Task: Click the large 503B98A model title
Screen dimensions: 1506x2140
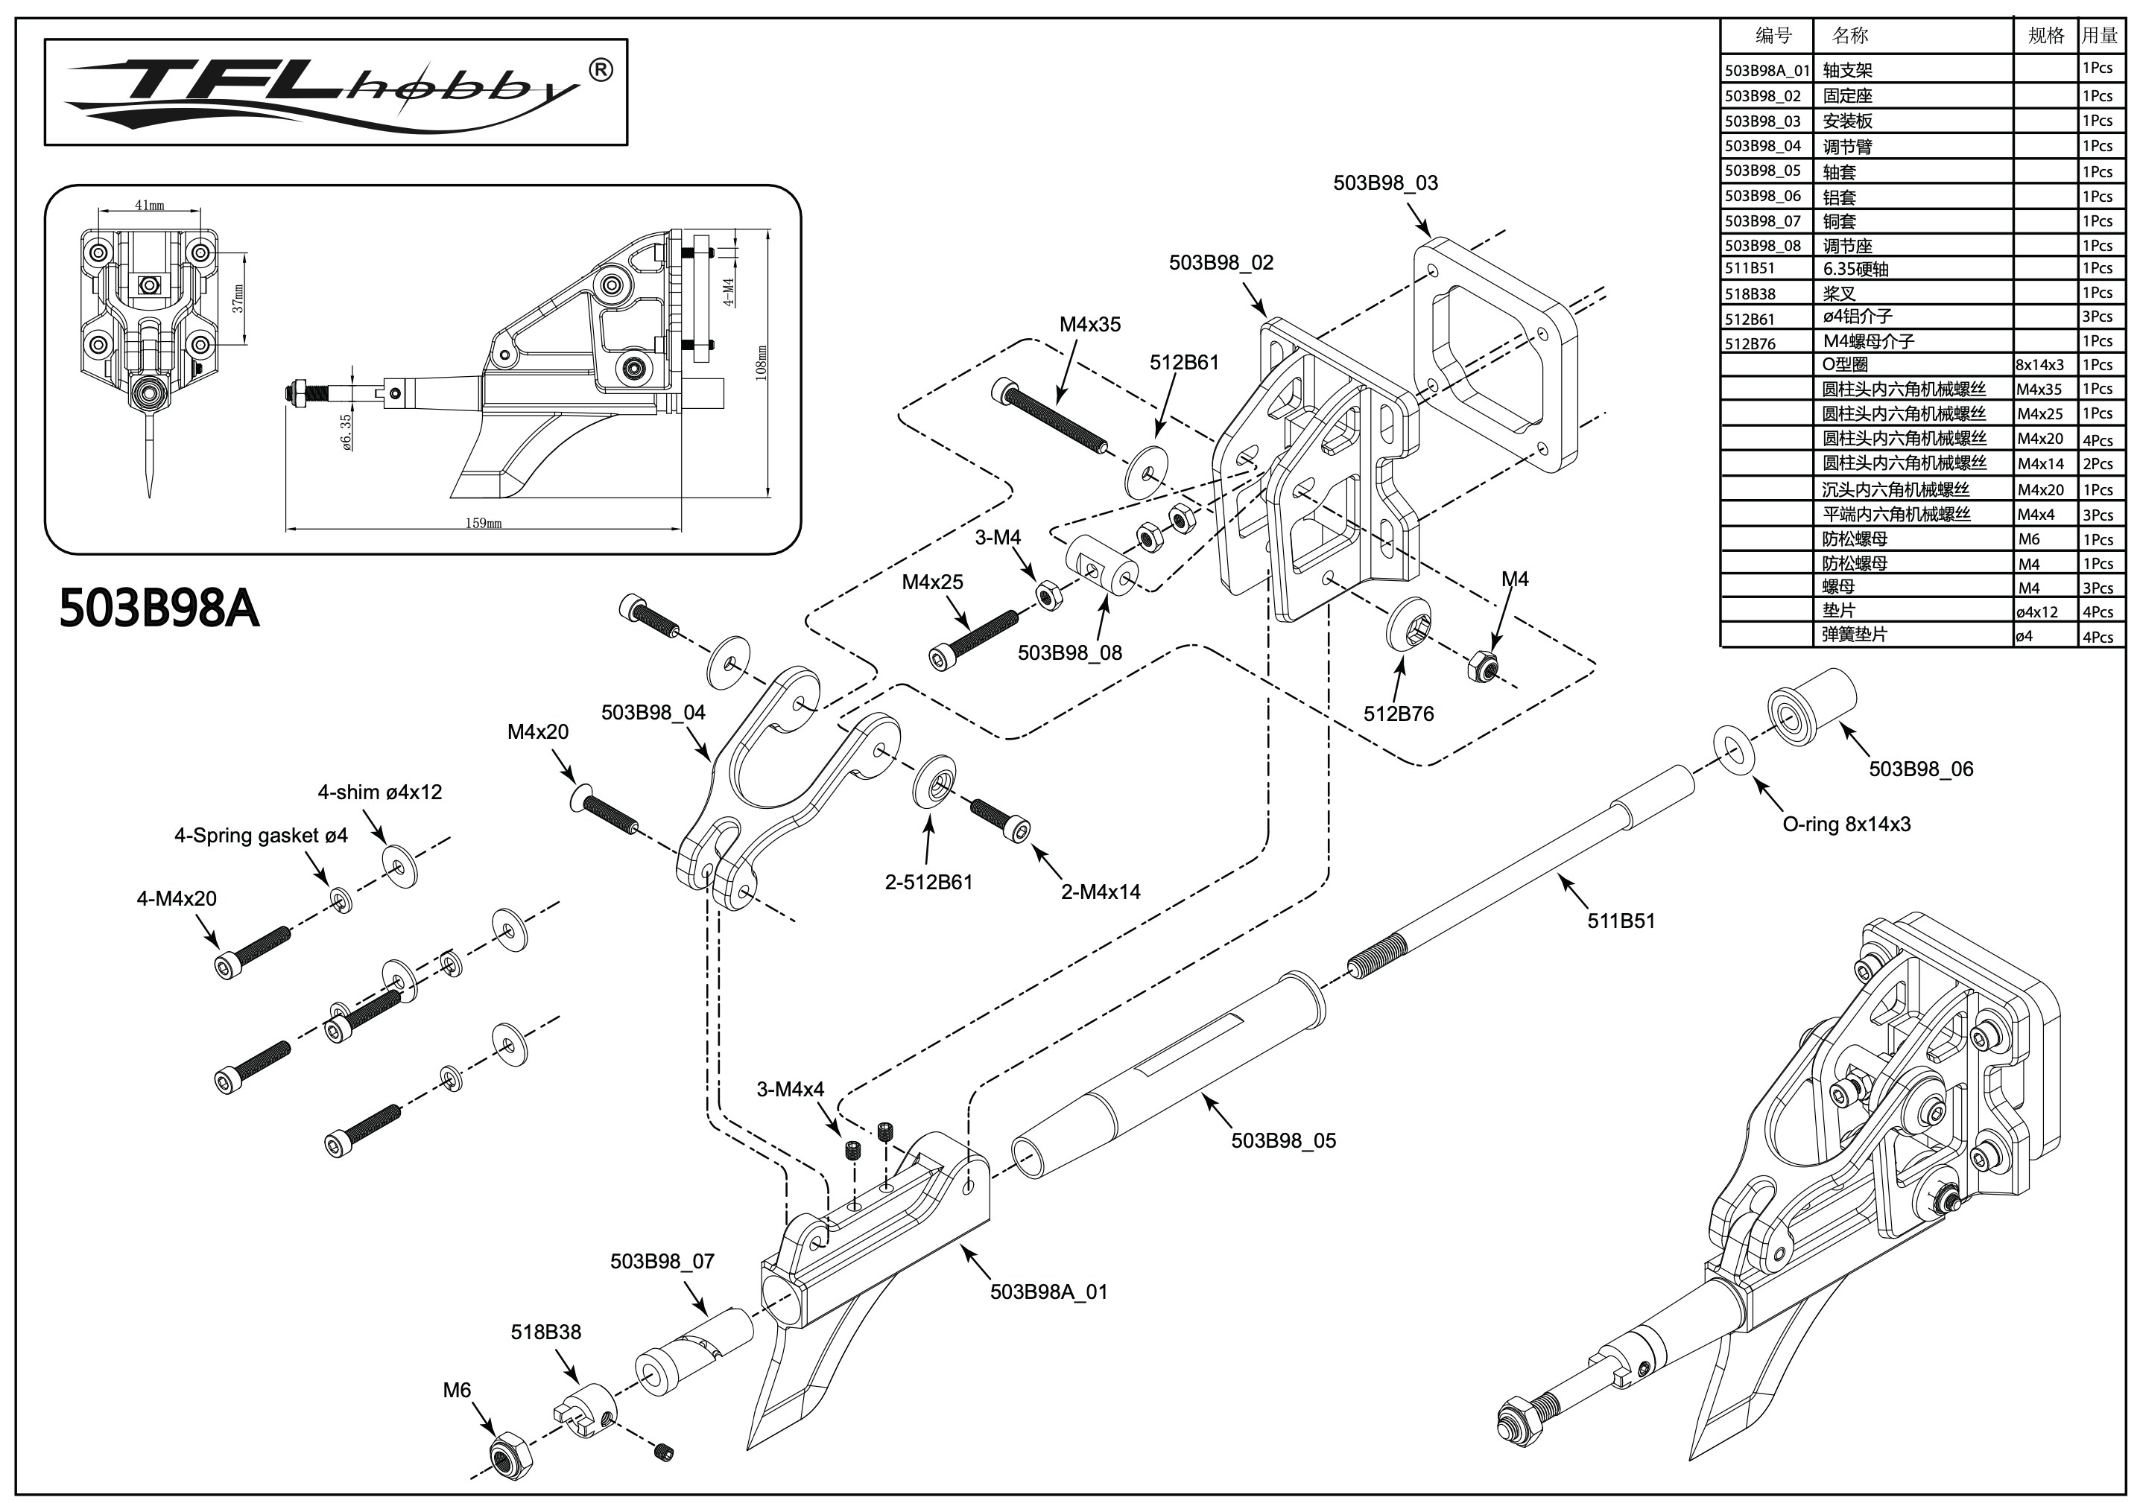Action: click(x=159, y=609)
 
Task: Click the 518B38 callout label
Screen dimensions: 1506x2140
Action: click(x=545, y=1332)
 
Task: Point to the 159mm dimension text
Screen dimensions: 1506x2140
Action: click(x=484, y=523)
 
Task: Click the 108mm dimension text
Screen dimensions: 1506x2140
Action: click(x=762, y=363)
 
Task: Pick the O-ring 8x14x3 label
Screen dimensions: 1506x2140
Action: click(x=1846, y=824)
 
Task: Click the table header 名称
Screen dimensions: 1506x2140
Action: click(x=1849, y=36)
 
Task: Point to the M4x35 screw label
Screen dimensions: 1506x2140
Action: click(x=1089, y=324)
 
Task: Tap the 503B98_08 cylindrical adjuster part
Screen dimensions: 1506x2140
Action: click(x=1102, y=570)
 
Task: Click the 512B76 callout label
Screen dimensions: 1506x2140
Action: click(x=1398, y=714)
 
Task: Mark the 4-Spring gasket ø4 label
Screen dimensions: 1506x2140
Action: click(x=261, y=835)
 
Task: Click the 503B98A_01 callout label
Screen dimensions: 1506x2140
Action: click(x=1048, y=1291)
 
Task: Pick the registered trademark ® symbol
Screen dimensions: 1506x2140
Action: click(x=602, y=70)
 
